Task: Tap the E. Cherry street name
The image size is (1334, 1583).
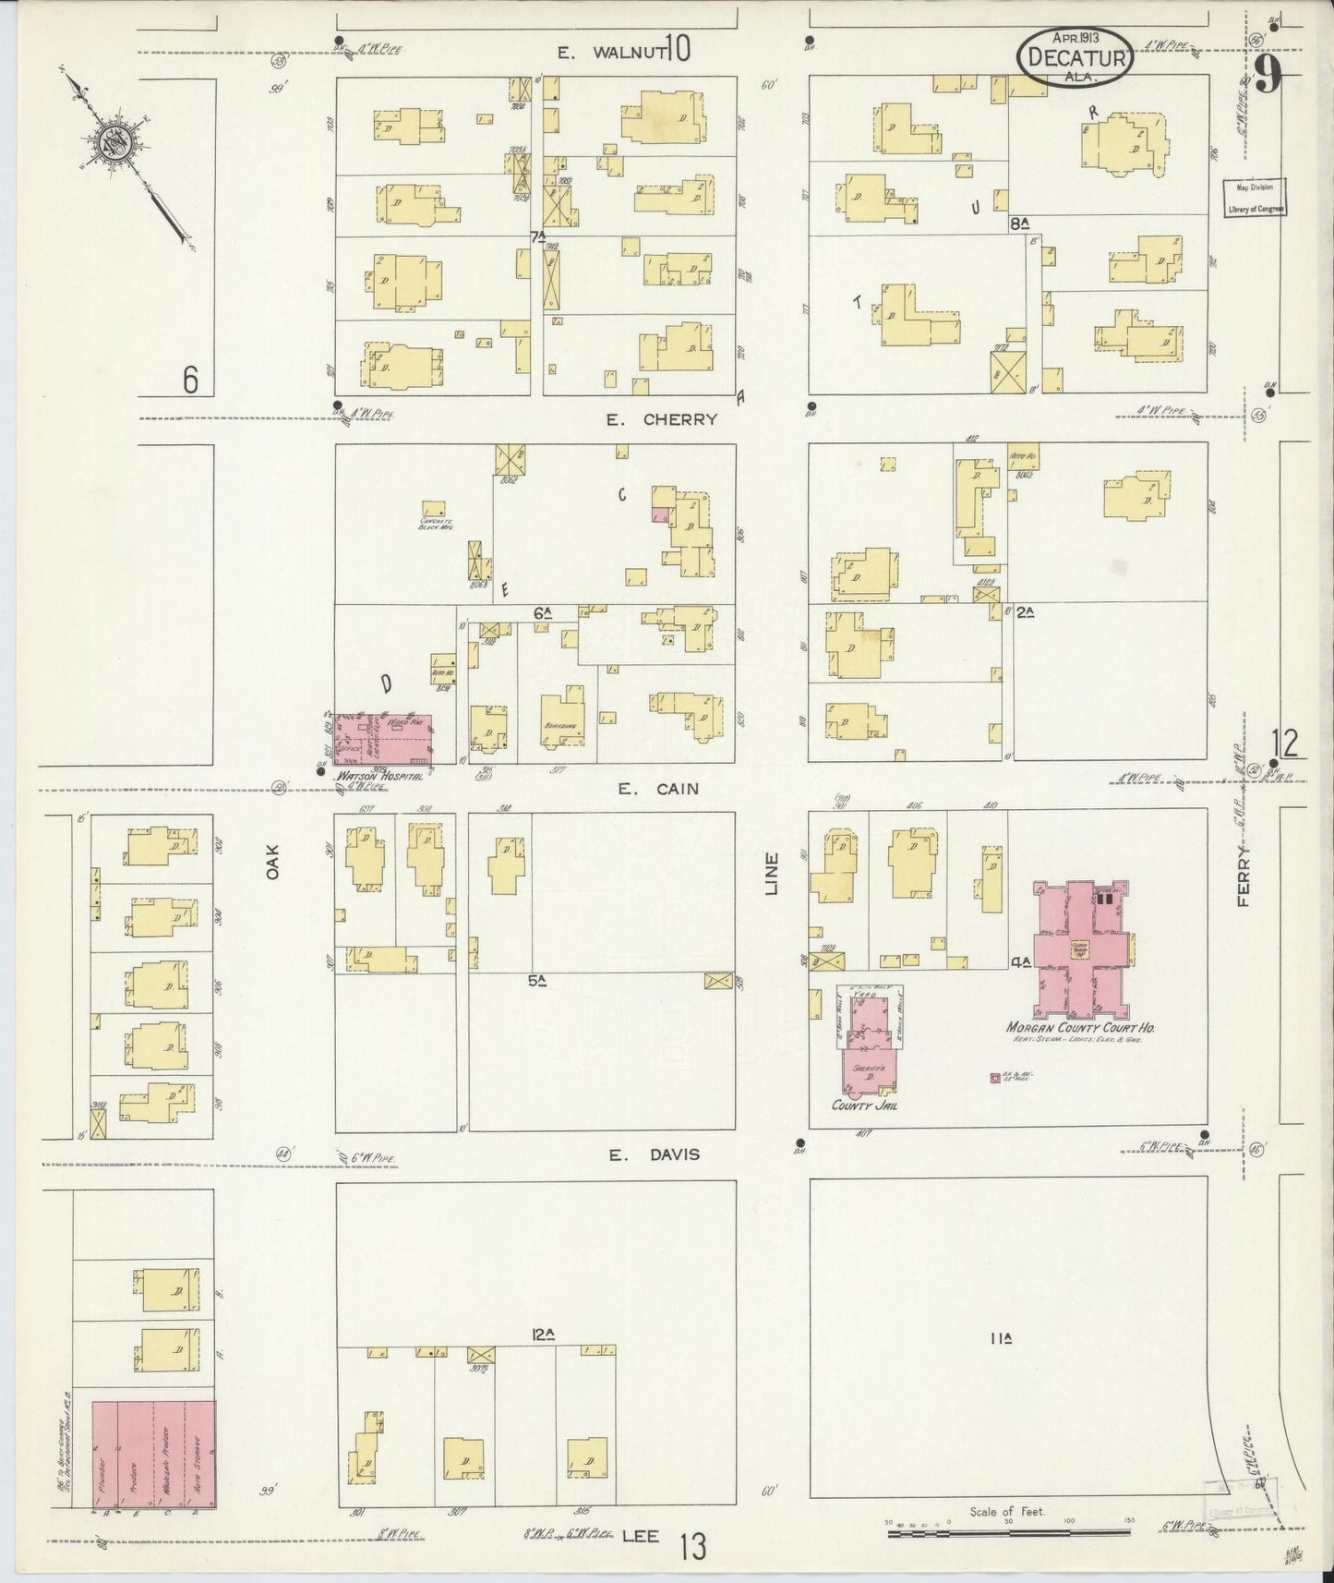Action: (x=661, y=419)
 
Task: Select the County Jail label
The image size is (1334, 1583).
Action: (x=865, y=1106)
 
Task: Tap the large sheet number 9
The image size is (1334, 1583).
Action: (x=1267, y=74)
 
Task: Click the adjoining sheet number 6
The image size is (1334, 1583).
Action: (x=190, y=380)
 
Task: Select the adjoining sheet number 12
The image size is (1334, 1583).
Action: (x=1284, y=742)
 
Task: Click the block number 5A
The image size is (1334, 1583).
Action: (x=538, y=982)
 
